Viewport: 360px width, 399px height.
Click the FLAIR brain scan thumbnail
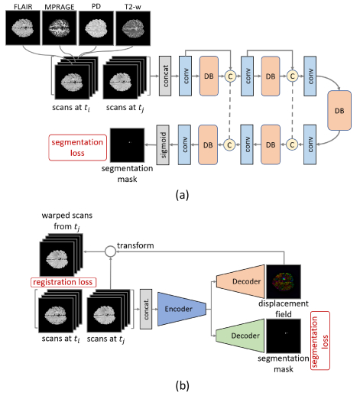(23, 28)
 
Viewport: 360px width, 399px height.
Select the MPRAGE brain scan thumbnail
(60, 28)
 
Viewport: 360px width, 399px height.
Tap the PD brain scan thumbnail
(96, 28)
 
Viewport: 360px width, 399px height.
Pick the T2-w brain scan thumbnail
(133, 28)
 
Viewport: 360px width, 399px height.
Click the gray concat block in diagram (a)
(165, 76)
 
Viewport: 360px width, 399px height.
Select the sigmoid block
(163, 144)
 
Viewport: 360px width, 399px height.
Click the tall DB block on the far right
(339, 110)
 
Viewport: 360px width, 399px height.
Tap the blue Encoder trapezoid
(182, 309)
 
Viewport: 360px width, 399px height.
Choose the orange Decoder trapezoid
(240, 281)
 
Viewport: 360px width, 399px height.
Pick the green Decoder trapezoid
(240, 336)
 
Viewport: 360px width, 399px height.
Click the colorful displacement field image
(284, 281)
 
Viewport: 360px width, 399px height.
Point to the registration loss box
(63, 282)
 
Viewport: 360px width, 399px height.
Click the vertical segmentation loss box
(320, 340)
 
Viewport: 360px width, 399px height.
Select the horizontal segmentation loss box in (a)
(78, 148)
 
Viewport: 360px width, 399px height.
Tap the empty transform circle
(110, 251)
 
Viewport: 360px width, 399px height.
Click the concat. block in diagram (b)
(146, 309)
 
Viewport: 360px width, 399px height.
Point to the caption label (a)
(182, 195)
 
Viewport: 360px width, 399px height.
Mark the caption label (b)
(182, 385)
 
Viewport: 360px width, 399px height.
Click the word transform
(135, 245)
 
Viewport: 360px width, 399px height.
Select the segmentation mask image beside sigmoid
(128, 145)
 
